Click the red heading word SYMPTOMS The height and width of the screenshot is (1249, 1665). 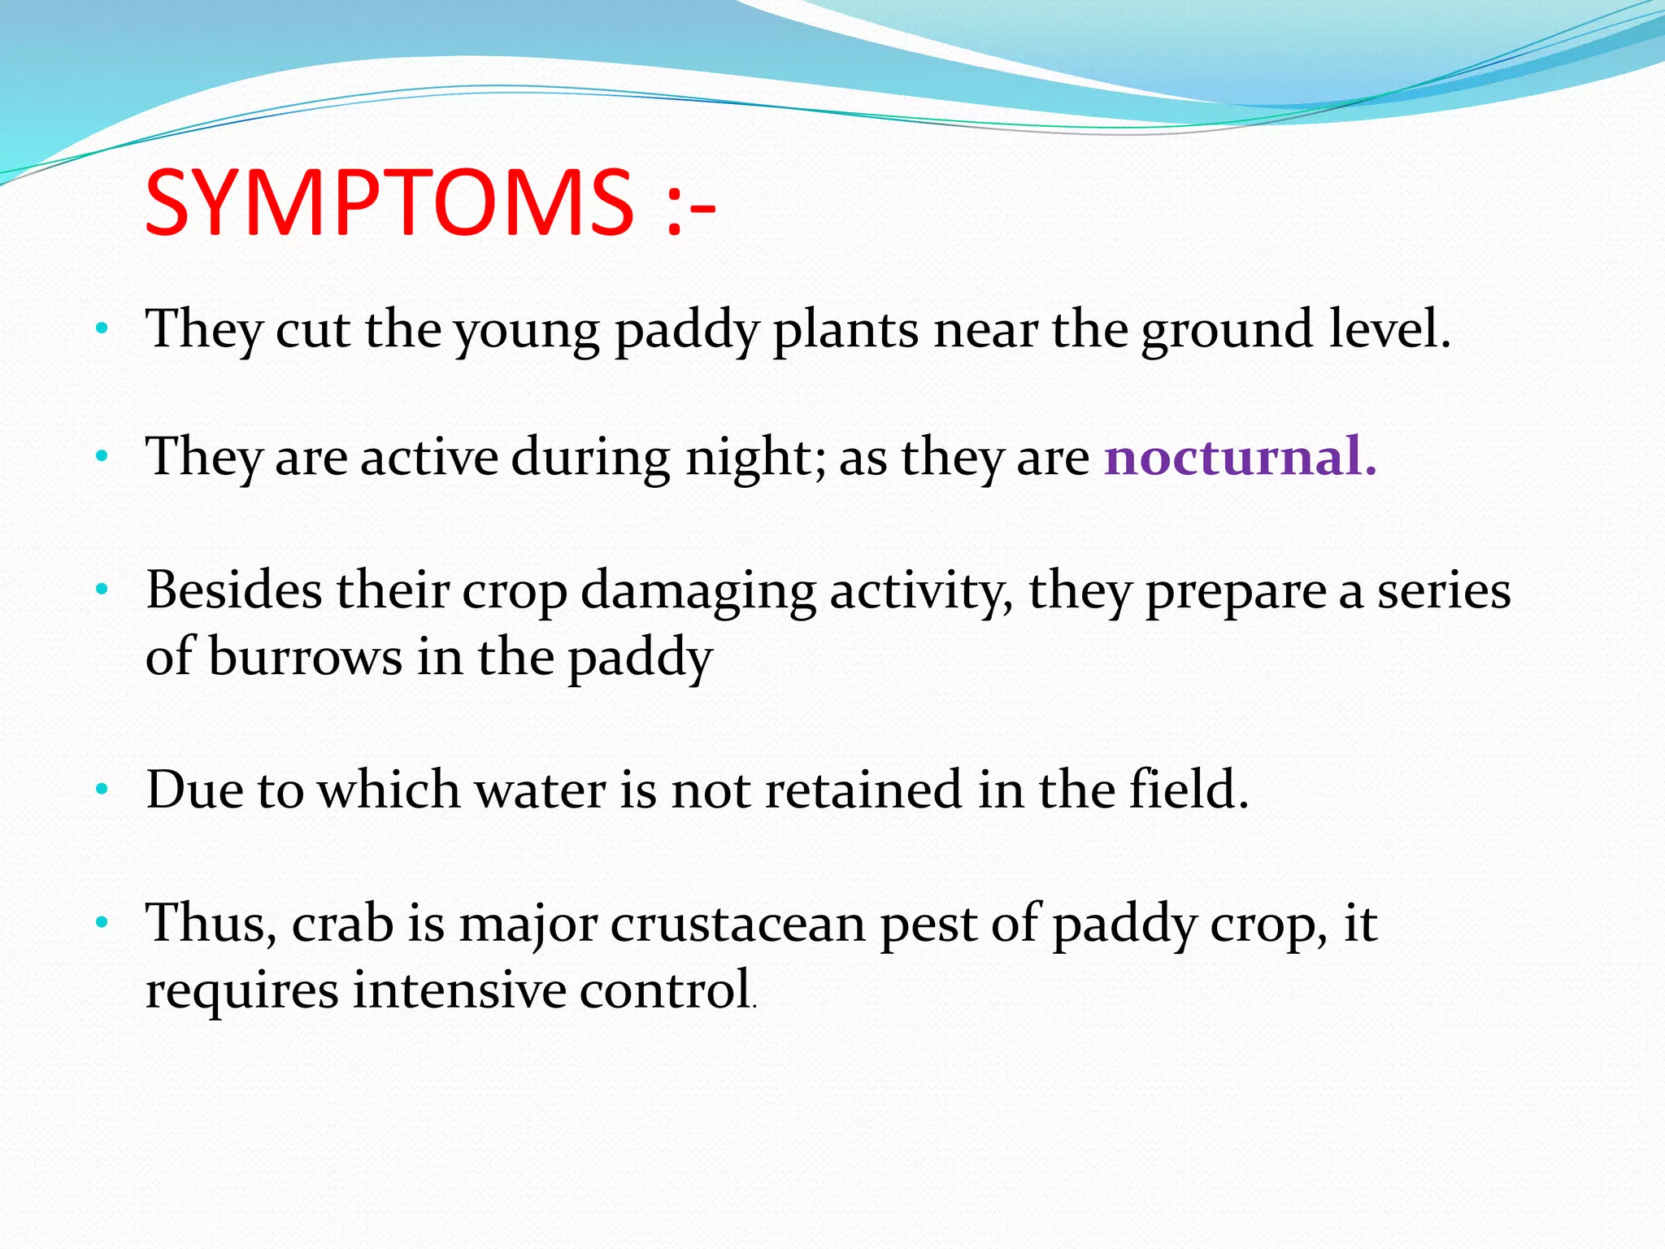click(389, 202)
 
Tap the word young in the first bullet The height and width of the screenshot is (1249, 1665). click(526, 331)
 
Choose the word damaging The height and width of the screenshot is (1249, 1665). click(698, 592)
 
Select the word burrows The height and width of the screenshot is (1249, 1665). click(305, 657)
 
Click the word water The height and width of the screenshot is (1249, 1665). click(540, 790)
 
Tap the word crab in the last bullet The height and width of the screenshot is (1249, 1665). click(342, 924)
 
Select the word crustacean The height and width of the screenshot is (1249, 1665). click(737, 925)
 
